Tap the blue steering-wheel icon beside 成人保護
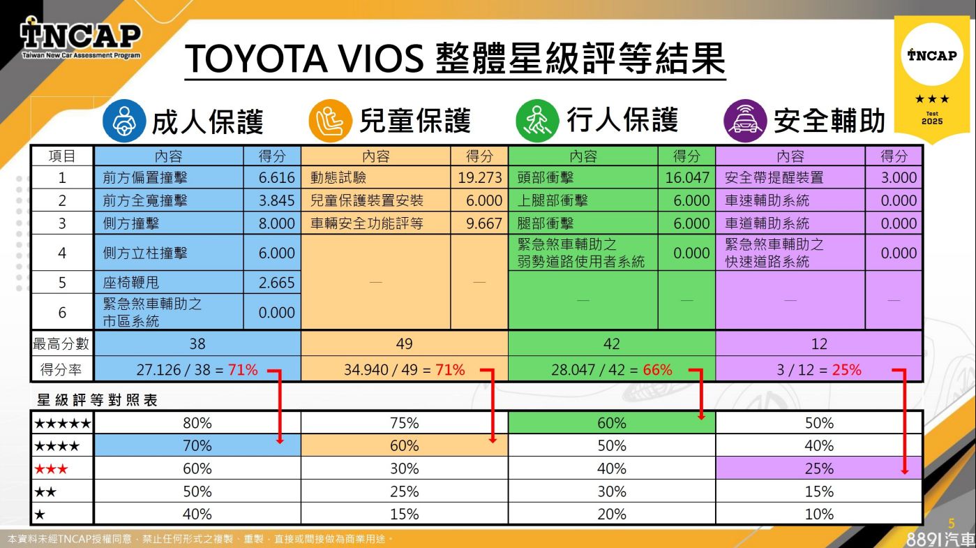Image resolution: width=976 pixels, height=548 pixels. (123, 120)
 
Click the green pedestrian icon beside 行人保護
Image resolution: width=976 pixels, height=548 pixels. (537, 120)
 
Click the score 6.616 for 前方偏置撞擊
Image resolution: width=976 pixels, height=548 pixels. (276, 178)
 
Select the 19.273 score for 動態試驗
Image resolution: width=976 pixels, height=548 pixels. (480, 178)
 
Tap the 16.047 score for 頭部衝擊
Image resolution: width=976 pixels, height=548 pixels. (686, 178)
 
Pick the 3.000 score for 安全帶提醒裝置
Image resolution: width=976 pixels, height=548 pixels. (899, 178)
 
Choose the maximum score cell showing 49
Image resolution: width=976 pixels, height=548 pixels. (404, 343)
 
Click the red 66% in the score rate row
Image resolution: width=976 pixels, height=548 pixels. (657, 370)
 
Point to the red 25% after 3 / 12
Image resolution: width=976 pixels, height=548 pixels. (846, 370)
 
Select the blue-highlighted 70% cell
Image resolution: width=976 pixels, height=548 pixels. (197, 445)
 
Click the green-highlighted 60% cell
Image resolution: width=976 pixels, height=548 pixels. (612, 423)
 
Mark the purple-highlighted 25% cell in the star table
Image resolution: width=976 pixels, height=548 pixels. (819, 468)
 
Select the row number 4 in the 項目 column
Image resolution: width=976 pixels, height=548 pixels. (62, 253)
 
